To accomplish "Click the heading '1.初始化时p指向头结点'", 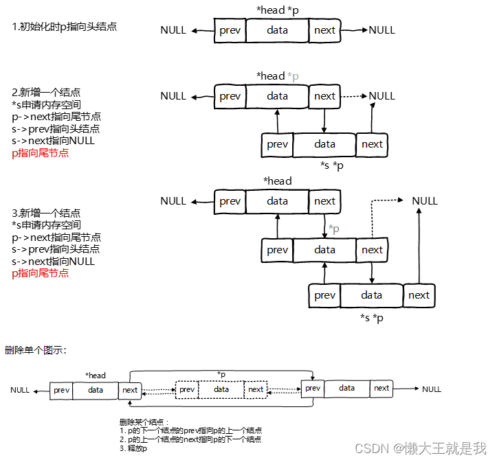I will [64, 27].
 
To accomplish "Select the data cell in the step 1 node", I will [277, 30].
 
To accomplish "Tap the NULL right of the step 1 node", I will [382, 30].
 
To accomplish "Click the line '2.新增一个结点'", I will [46, 92].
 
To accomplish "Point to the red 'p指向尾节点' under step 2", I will [40, 153].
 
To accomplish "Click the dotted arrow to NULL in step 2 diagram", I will [353, 96].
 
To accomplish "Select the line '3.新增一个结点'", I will [46, 213].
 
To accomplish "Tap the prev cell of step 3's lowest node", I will [324, 295].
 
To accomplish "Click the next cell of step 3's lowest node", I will [419, 295].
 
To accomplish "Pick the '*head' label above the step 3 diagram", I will [277, 181].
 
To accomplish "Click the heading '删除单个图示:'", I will [35, 351].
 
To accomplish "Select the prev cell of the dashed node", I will [187, 389].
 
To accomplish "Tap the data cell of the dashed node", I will [221, 389].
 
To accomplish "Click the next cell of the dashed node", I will [256, 389].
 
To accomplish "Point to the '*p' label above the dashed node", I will [221, 374].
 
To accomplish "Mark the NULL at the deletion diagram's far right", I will [432, 389].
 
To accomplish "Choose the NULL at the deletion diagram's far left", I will [20, 390].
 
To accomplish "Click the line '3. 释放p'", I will [133, 448].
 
